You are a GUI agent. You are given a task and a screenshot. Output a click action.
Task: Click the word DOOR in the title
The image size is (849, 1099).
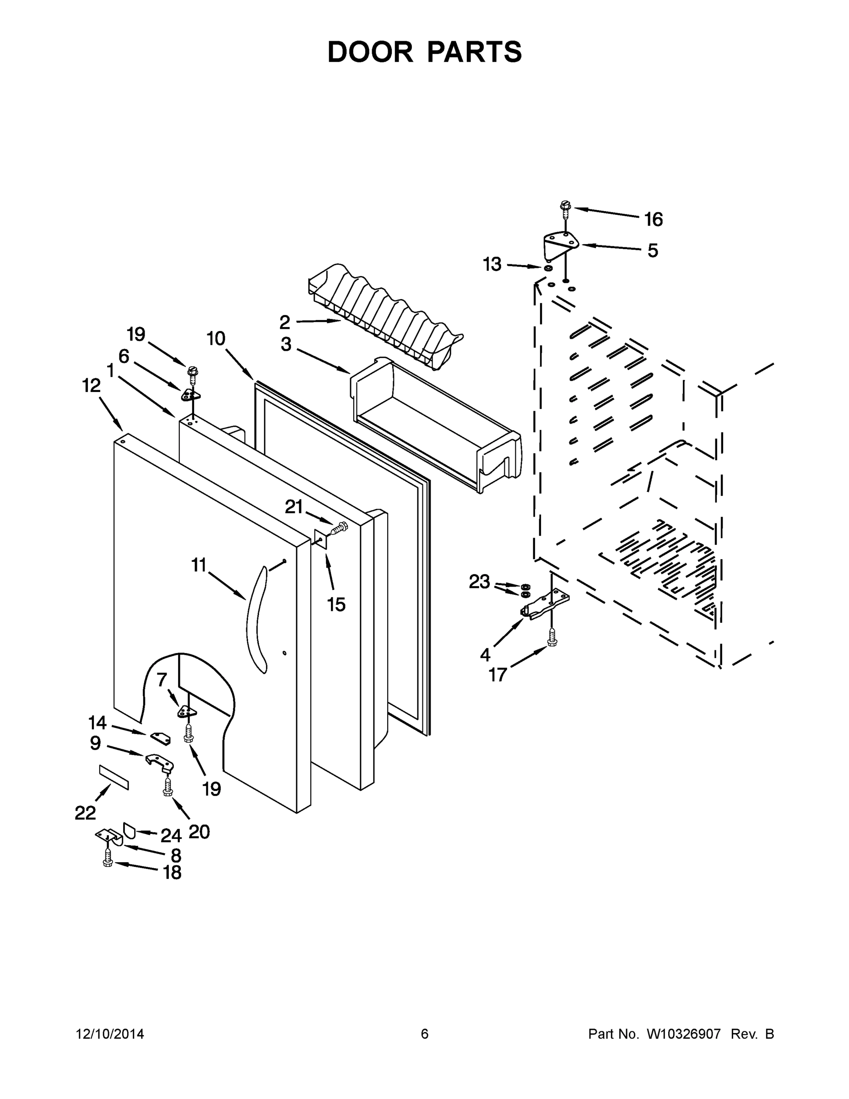pyautogui.click(x=370, y=52)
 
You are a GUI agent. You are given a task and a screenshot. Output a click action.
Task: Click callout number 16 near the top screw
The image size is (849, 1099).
pyautogui.click(x=654, y=219)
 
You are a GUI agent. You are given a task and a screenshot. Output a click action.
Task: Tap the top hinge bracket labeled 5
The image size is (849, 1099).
pyautogui.click(x=560, y=244)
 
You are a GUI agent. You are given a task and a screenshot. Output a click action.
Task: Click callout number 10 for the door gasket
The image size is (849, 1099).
pyautogui.click(x=216, y=339)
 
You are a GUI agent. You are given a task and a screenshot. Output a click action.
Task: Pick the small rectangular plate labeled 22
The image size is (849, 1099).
pyautogui.click(x=114, y=778)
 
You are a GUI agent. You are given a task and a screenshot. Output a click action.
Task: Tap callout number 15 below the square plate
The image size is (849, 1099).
pyautogui.click(x=336, y=604)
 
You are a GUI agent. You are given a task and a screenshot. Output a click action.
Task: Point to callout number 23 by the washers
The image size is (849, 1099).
pyautogui.click(x=479, y=582)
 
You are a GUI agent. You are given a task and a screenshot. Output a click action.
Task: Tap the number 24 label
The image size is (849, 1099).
pyautogui.click(x=171, y=836)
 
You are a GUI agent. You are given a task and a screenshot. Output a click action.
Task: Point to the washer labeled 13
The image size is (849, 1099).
pyautogui.click(x=548, y=268)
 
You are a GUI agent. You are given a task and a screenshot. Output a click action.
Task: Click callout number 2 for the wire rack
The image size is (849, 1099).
pyautogui.click(x=285, y=322)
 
